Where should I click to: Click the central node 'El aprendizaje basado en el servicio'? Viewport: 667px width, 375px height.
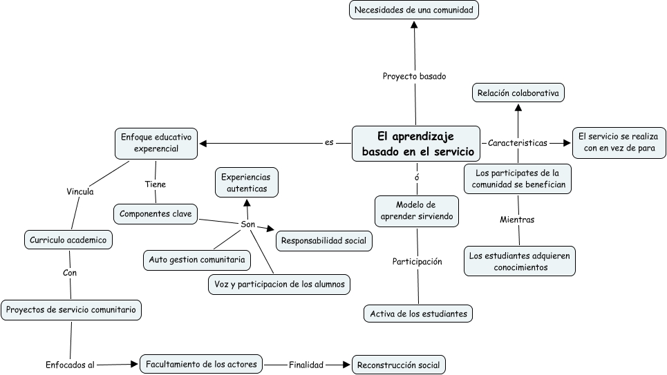coord(415,144)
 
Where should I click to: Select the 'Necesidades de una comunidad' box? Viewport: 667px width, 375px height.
coord(414,10)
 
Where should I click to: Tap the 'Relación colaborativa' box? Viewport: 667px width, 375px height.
coord(518,93)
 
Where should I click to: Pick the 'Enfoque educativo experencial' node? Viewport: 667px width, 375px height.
coord(156,143)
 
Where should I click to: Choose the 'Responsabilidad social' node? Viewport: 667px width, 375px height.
coord(324,241)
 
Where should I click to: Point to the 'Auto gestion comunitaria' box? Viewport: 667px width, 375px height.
coord(197,260)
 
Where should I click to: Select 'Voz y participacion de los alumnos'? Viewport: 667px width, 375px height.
coord(279,284)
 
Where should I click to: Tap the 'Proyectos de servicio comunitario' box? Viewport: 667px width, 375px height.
coord(71,310)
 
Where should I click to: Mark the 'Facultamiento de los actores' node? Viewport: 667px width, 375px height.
coord(201,363)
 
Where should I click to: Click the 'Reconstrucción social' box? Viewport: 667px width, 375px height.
coord(398,364)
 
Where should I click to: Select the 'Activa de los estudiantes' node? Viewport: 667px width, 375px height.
coord(418,314)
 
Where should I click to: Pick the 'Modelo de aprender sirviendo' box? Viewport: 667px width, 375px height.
coord(416,211)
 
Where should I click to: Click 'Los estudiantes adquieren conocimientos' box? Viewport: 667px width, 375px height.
coord(518,261)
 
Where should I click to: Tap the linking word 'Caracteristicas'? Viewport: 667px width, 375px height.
coord(517,143)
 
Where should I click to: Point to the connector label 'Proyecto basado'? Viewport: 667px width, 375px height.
coord(415,76)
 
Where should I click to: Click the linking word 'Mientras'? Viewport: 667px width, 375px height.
coord(517,220)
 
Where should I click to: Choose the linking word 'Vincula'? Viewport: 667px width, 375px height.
coord(80,191)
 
